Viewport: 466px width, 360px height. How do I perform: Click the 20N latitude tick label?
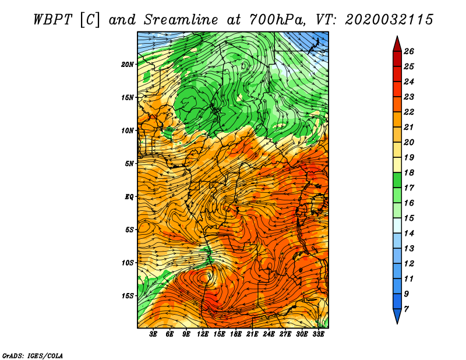click(x=128, y=65)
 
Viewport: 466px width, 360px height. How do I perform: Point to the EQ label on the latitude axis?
click(x=129, y=197)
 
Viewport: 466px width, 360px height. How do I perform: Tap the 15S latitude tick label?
click(x=128, y=296)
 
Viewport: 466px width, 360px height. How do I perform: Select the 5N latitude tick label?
click(x=129, y=164)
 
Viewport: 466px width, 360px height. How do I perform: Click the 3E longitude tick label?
click(x=153, y=334)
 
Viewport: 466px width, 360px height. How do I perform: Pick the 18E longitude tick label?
click(x=235, y=334)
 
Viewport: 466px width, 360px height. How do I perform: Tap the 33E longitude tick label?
click(x=318, y=334)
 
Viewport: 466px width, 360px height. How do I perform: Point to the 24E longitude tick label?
click(x=269, y=334)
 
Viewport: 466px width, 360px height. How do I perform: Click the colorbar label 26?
click(x=409, y=51)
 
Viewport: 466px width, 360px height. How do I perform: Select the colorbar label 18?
click(x=409, y=172)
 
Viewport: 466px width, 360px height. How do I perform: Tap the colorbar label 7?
click(x=406, y=309)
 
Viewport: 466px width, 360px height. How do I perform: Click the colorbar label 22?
click(x=409, y=112)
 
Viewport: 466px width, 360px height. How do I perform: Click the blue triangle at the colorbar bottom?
click(x=397, y=315)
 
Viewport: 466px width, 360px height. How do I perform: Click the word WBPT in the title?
click(x=53, y=20)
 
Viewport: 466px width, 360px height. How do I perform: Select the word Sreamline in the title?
click(x=181, y=20)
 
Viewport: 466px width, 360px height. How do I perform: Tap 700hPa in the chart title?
click(x=276, y=20)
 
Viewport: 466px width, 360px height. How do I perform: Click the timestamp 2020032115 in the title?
click(x=389, y=20)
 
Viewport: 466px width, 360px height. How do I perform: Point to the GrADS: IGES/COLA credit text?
click(x=33, y=355)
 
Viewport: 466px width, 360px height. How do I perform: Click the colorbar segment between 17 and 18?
click(x=397, y=180)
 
